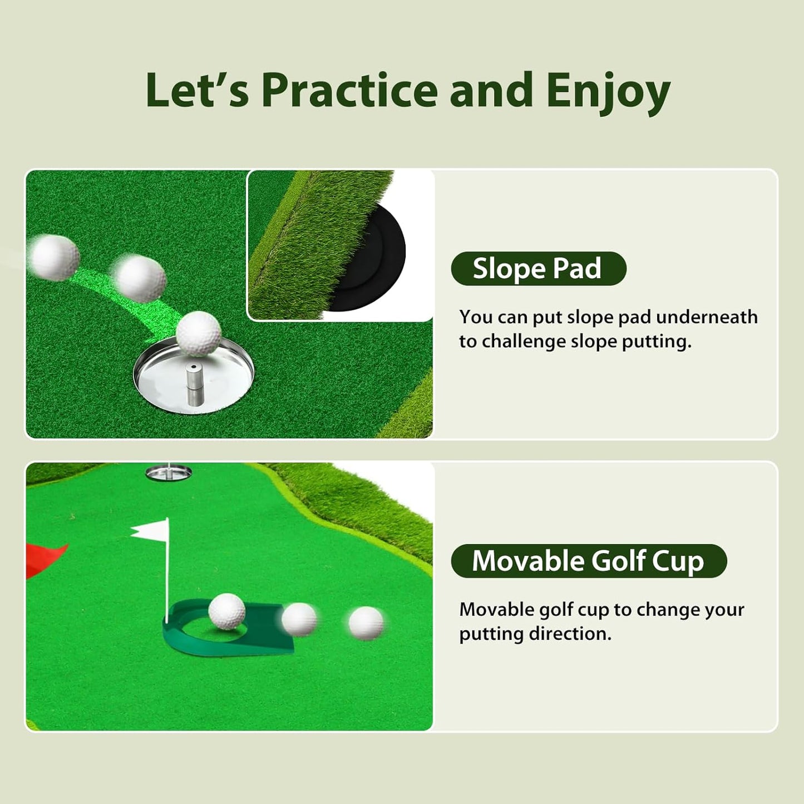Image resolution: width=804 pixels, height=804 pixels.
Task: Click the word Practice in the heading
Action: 350,90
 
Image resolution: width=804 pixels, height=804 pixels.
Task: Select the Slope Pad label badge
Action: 538,269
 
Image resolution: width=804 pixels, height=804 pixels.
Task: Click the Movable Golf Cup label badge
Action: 588,561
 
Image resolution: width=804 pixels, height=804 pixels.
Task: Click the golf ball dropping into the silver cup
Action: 199,333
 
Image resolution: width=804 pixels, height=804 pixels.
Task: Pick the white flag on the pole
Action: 151,530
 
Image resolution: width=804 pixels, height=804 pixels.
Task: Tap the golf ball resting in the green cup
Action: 226,611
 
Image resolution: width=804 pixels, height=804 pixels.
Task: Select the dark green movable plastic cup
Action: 228,634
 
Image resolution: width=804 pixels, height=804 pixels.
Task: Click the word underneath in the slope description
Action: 707,317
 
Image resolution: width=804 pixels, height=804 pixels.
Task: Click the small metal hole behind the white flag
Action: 169,473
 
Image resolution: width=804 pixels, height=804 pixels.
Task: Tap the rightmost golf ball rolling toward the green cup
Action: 366,623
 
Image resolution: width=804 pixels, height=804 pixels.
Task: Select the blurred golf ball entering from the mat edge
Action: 54,257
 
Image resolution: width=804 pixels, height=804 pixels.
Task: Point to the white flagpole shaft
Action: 166,579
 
